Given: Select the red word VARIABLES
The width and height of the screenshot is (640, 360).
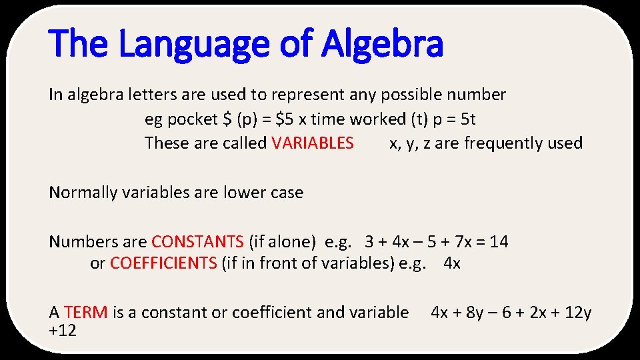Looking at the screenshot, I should click(x=313, y=143).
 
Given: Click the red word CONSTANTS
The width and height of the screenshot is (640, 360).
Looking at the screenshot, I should click(x=197, y=241).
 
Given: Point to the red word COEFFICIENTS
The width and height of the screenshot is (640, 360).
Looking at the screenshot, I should click(x=163, y=263).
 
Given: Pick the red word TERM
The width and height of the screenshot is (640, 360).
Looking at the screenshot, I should click(x=86, y=312).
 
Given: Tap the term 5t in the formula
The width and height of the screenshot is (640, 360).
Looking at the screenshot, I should click(x=469, y=119).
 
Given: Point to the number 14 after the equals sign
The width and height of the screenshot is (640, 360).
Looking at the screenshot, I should click(x=499, y=241).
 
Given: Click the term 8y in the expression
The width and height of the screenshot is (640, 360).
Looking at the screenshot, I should click(x=474, y=312).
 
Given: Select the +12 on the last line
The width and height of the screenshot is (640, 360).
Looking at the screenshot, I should click(x=63, y=329).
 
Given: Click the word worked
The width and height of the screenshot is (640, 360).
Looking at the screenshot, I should click(x=379, y=119).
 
